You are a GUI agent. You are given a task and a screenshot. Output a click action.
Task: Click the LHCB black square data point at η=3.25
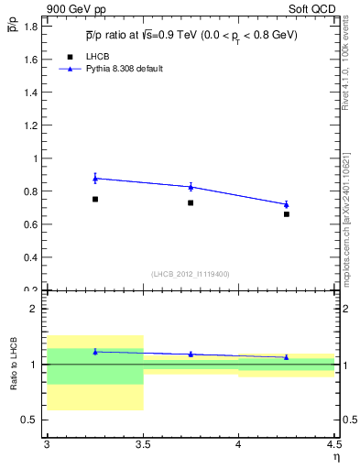(94, 199)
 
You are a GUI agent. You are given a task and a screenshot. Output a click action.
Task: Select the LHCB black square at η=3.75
(191, 202)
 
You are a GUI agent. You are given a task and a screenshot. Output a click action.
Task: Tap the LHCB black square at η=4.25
(287, 214)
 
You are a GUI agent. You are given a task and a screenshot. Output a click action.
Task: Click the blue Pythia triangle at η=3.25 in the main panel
(94, 178)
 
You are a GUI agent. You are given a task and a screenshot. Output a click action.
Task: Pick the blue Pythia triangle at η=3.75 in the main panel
(191, 187)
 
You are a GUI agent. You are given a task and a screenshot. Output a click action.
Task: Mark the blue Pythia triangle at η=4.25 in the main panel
(287, 204)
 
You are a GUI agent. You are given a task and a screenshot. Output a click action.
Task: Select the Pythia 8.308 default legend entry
(123, 69)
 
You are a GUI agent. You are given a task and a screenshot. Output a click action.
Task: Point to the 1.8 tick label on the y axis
(30, 27)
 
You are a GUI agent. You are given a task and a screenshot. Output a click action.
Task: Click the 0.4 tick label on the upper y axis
(30, 257)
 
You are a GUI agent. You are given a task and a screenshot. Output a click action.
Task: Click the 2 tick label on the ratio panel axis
(35, 309)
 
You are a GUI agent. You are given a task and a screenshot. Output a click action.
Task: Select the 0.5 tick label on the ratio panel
(30, 420)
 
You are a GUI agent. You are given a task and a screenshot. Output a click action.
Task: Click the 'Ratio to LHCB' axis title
(13, 365)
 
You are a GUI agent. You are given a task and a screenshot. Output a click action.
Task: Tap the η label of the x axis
(335, 457)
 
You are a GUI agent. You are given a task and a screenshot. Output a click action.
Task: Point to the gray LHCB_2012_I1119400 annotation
(191, 274)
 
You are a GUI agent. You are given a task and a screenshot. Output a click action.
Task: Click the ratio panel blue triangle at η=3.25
(94, 352)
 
